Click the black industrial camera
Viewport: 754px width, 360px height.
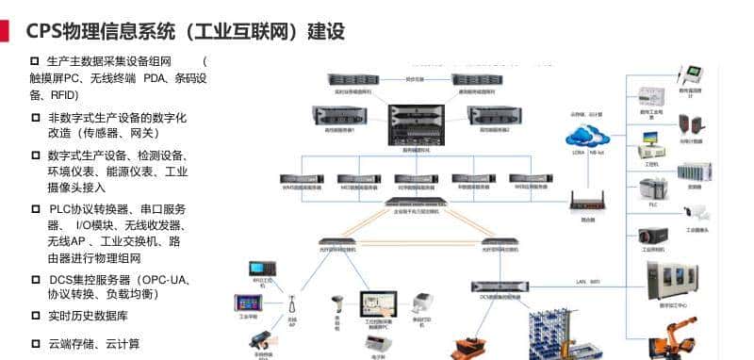[x=653, y=235]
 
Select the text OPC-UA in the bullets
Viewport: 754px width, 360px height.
[x=166, y=280]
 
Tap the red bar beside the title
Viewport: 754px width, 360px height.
[x=5, y=32]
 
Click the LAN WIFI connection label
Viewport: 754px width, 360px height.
[x=588, y=281]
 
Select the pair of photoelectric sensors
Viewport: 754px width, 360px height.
[x=698, y=123]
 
